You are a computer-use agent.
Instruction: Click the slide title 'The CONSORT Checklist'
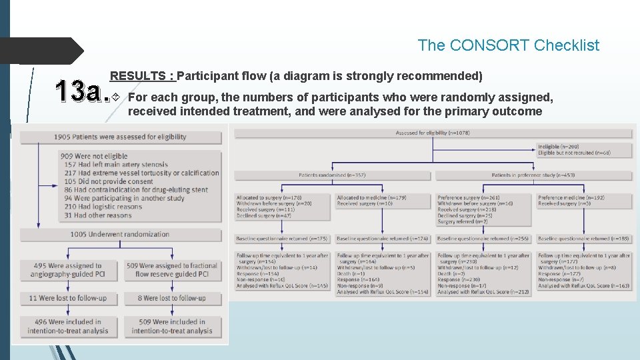(x=508, y=45)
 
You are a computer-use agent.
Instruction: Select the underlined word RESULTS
(x=142, y=76)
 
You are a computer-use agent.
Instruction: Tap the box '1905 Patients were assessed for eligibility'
(x=121, y=137)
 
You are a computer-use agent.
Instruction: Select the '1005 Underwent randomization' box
(x=121, y=235)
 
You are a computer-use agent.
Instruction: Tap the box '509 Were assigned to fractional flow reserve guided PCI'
(x=172, y=269)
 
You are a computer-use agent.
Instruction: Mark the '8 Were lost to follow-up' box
(x=172, y=298)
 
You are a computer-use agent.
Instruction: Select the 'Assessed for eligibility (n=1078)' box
(x=432, y=133)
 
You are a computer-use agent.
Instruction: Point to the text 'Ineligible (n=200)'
(x=559, y=146)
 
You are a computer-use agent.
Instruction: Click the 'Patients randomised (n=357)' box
(x=332, y=175)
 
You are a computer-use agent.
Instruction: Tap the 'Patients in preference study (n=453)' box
(x=533, y=175)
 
